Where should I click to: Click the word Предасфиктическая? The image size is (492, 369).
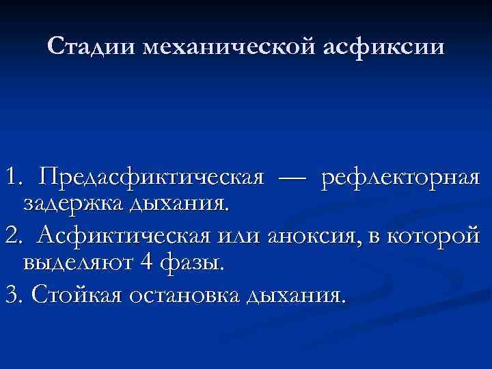click(151, 179)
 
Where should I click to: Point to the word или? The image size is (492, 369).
click(234, 236)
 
